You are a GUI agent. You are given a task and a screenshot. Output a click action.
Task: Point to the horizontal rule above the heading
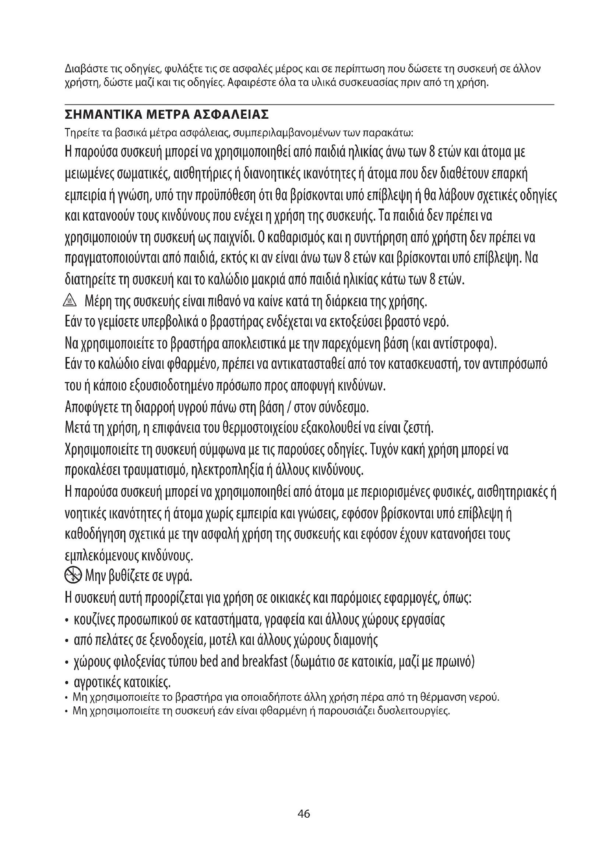click(309, 104)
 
